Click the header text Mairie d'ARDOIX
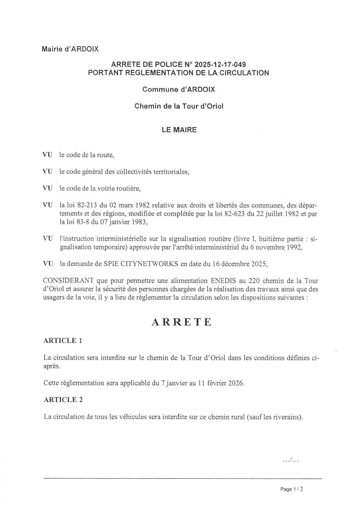70,49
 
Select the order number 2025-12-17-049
220,64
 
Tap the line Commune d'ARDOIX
178,90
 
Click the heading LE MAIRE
179,130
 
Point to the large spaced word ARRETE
182,322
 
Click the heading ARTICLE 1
63,341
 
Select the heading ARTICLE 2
63,400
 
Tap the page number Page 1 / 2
292,489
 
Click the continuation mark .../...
290,460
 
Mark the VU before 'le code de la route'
47,155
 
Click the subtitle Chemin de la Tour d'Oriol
178,106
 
